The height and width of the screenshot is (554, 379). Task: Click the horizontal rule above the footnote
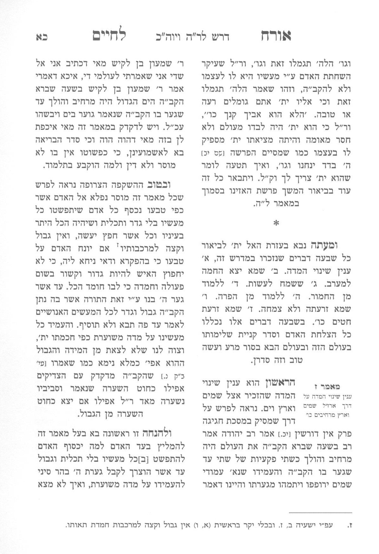pyautogui.click(x=321, y=512)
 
